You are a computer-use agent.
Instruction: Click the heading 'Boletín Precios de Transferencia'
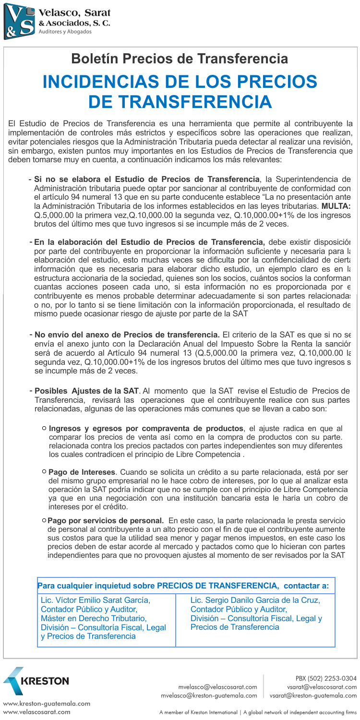(x=180, y=59)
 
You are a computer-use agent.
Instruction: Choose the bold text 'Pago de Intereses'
(x=82, y=472)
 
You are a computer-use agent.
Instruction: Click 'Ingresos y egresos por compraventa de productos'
(x=146, y=428)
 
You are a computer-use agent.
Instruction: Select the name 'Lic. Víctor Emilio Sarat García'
(x=96, y=600)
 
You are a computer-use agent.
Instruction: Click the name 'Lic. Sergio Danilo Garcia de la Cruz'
(x=255, y=600)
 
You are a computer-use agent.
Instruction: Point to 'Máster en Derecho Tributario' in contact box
(x=94, y=618)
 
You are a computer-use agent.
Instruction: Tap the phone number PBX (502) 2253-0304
(x=326, y=678)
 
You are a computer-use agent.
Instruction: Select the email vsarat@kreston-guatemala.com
(x=313, y=696)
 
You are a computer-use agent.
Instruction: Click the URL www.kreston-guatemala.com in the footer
(x=47, y=704)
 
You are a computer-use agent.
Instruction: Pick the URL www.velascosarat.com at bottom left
(x=36, y=712)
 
